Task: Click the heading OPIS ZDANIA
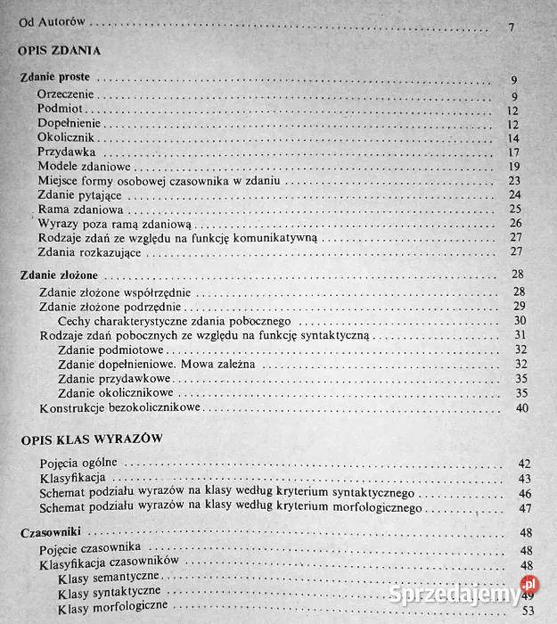point(58,53)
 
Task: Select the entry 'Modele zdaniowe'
point(85,166)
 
